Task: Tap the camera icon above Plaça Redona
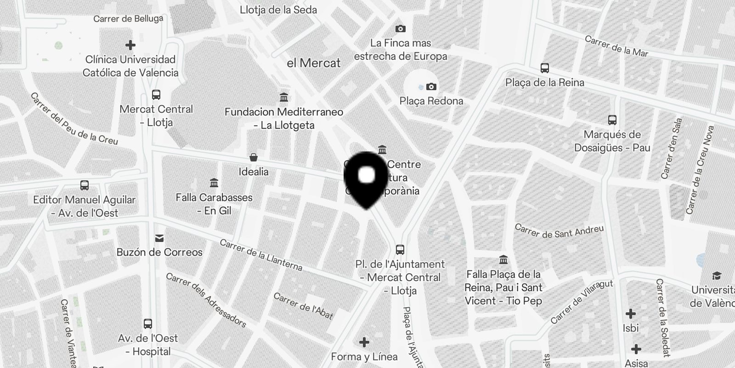pos(431,86)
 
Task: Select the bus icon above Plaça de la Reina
pos(545,68)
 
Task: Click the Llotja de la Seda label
pos(278,10)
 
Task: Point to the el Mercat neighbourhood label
pos(314,63)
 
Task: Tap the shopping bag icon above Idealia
pos(254,158)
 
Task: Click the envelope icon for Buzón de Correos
pos(159,238)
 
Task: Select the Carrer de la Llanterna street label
pos(261,255)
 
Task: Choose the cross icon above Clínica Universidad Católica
pos(130,45)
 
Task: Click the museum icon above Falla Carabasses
pos(214,183)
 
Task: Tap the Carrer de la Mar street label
pos(616,46)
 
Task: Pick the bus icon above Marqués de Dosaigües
pos(612,120)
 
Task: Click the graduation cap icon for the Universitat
pos(717,276)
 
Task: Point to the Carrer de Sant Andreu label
pos(559,231)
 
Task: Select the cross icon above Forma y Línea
pos(364,342)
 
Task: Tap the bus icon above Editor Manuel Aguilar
pos(85,185)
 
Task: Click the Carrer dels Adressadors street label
pos(206,300)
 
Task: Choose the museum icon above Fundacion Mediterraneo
pos(284,98)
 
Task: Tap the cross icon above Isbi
pos(631,314)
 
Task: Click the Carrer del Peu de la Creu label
pos(74,119)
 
